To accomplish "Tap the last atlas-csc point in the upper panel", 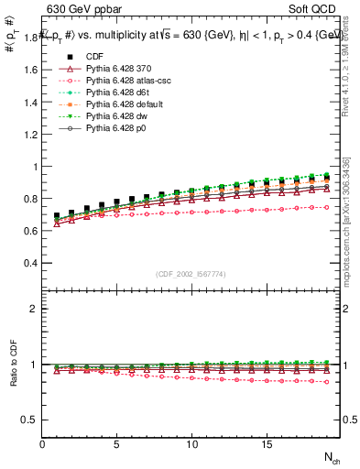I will tap(326, 207).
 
